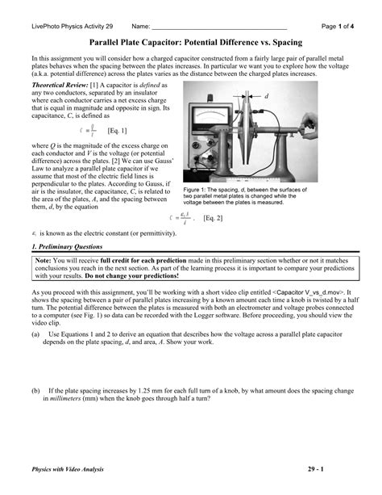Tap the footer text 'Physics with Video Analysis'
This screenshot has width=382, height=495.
point(68,468)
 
